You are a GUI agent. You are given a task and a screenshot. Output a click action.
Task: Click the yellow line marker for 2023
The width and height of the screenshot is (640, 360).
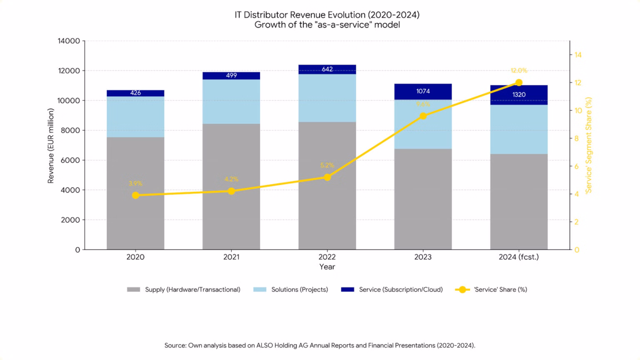click(423, 116)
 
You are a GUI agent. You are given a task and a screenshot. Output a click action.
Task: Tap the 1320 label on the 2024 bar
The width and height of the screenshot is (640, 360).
click(519, 95)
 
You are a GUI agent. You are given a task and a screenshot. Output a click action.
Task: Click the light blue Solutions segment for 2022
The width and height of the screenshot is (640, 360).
click(327, 98)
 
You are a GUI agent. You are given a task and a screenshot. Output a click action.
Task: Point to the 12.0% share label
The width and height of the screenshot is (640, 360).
click(519, 70)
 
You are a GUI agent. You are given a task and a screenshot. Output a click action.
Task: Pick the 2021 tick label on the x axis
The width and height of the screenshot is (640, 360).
click(231, 257)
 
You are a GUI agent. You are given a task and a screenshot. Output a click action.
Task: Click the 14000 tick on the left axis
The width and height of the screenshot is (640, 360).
click(69, 41)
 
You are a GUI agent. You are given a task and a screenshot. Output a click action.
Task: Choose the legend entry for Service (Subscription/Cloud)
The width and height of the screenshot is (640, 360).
click(400, 290)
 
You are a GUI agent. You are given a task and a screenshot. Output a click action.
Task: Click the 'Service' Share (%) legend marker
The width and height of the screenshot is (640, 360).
click(462, 290)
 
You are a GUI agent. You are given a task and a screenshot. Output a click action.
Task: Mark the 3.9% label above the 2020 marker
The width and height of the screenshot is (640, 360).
click(135, 183)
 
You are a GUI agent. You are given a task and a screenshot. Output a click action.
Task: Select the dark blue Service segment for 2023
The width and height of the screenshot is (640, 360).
click(423, 92)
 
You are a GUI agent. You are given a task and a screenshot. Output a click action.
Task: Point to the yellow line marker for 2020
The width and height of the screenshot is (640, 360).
click(135, 195)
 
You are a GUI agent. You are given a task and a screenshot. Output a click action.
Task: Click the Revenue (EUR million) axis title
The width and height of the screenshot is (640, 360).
click(51, 145)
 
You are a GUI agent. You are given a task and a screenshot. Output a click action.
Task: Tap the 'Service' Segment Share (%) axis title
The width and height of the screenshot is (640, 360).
click(589, 145)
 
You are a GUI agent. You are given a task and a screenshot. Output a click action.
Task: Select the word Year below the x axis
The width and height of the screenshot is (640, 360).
click(327, 267)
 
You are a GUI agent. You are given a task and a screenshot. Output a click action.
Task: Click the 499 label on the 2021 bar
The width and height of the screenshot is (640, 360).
click(231, 75)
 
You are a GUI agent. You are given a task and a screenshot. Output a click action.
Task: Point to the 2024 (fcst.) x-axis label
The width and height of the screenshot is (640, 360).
click(519, 257)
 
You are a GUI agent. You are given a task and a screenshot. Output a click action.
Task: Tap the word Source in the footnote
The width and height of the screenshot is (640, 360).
click(175, 345)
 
